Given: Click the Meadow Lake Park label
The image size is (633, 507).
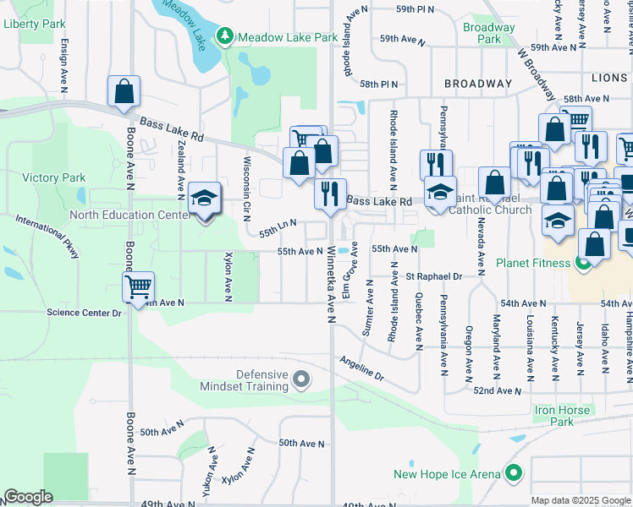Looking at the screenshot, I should [288, 37].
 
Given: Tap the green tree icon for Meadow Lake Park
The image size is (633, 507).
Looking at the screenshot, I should [225, 36].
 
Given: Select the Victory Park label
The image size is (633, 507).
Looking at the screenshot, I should [54, 177].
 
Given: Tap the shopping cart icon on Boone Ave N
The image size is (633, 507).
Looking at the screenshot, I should [138, 286].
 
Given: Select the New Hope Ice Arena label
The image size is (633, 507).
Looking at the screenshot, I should [447, 474].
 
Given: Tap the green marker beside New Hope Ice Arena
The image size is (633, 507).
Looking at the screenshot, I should [512, 474].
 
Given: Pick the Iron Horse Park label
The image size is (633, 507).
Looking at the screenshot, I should [563, 416].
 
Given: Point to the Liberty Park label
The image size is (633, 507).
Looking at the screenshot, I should [34, 24].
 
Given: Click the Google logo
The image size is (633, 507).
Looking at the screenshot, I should [28, 497].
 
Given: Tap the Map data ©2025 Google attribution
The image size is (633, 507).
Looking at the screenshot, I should [580, 500].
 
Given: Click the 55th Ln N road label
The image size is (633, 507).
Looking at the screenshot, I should [278, 224].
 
